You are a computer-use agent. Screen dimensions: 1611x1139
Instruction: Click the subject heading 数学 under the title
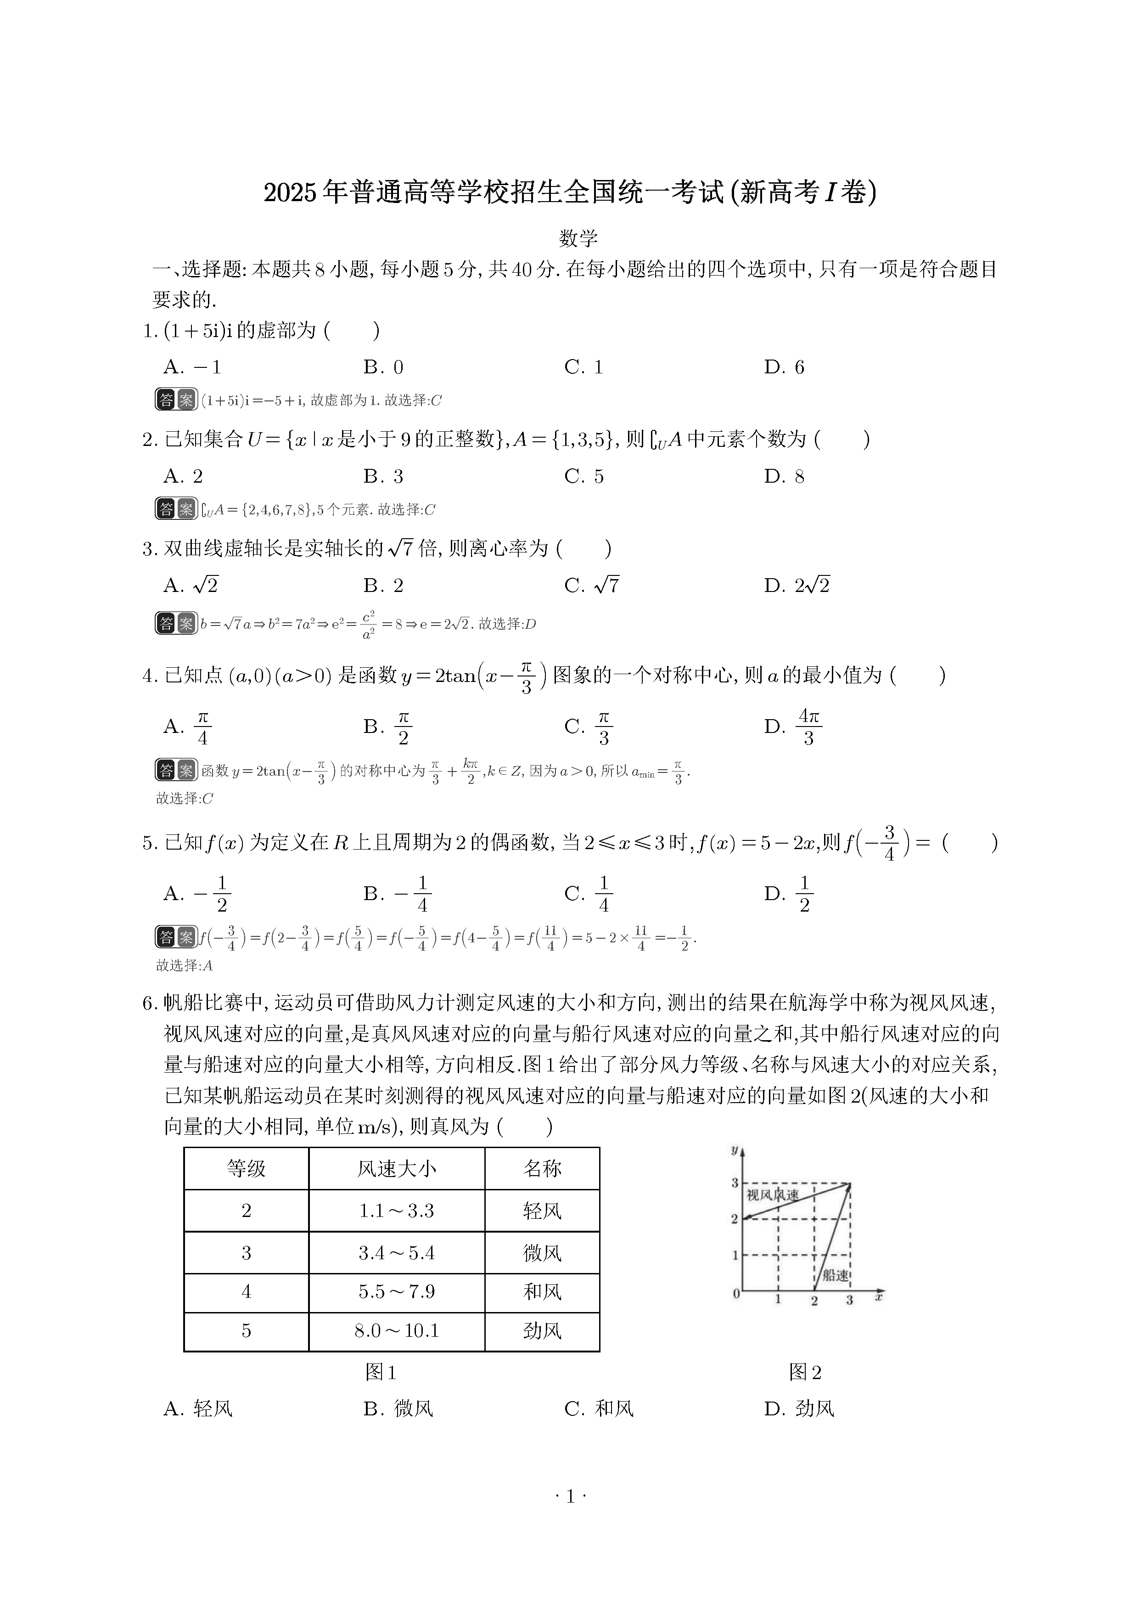point(578,238)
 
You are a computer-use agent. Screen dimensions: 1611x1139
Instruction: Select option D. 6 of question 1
point(784,367)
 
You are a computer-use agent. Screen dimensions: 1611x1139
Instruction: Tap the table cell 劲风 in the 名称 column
point(542,1331)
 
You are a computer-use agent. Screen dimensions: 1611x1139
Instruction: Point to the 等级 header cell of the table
point(246,1168)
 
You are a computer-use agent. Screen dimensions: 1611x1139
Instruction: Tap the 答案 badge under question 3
point(176,623)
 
